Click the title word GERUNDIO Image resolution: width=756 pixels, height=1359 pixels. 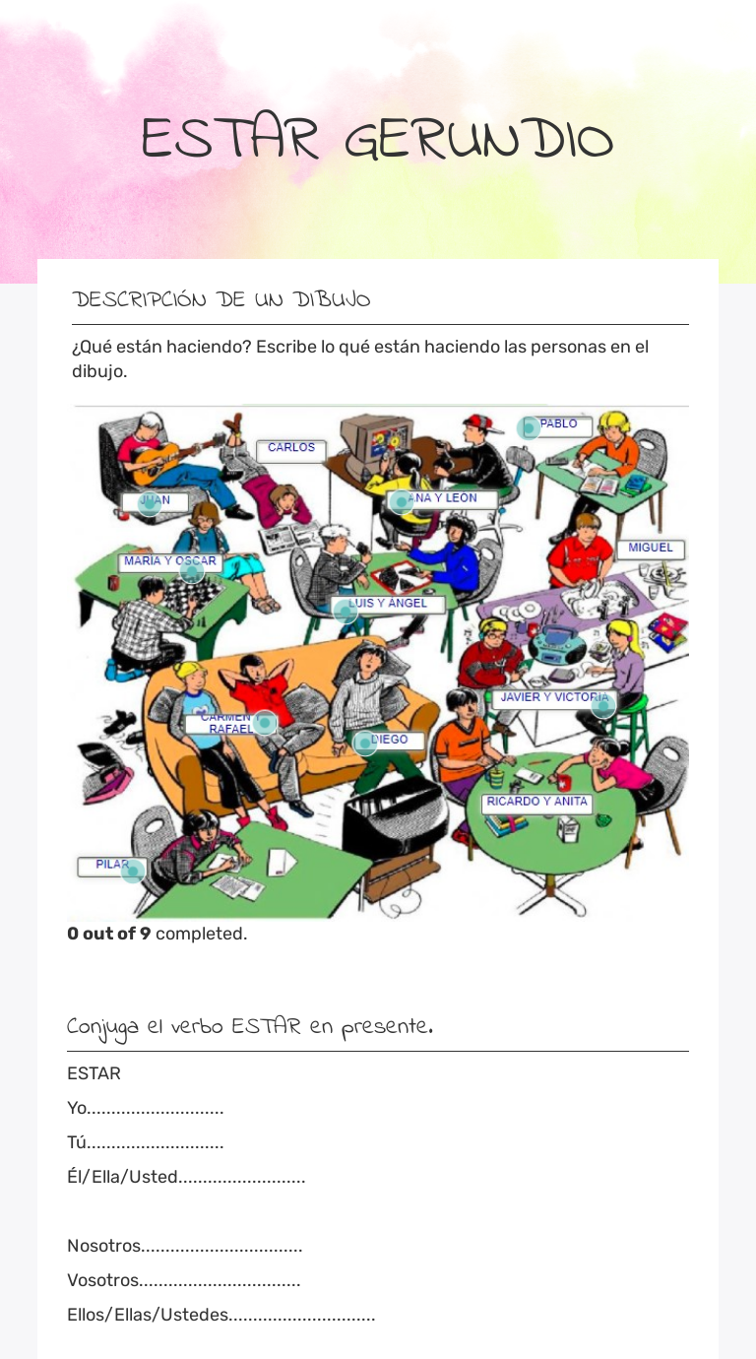pyautogui.click(x=478, y=140)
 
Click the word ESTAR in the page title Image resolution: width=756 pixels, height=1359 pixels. pyautogui.click(x=229, y=140)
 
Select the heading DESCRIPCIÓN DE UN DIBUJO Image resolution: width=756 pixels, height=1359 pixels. pyautogui.click(x=221, y=299)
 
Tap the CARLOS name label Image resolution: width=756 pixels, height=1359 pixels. pyautogui.click(x=291, y=448)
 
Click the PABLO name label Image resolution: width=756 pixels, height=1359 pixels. pyautogui.click(x=558, y=424)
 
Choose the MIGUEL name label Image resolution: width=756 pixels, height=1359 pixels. pyautogui.click(x=650, y=549)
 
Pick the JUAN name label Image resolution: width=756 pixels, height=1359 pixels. pyautogui.click(x=155, y=501)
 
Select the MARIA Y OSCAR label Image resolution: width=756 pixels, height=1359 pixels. pyautogui.click(x=169, y=561)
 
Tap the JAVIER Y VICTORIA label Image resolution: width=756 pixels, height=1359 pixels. pyautogui.click(x=554, y=698)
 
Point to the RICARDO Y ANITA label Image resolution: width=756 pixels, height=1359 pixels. pyautogui.click(x=536, y=803)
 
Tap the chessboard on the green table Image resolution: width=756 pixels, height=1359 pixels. pyautogui.click(x=181, y=594)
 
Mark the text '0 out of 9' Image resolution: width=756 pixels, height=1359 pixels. pyautogui.click(x=108, y=934)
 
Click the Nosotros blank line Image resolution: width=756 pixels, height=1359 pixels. pyautogui.click(x=221, y=1247)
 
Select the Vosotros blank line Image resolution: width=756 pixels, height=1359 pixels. pyautogui.click(x=220, y=1281)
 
